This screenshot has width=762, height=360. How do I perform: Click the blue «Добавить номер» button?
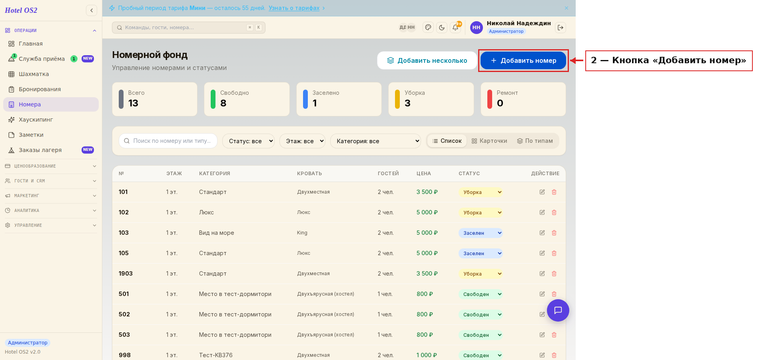[x=523, y=60]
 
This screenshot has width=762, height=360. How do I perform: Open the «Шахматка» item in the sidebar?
[x=34, y=74]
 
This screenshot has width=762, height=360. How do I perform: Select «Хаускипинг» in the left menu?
[x=36, y=120]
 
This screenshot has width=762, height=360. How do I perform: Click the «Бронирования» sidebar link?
[x=40, y=89]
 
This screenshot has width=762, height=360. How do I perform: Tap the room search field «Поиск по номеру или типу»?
[x=168, y=141]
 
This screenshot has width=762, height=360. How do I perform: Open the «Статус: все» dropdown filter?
[x=248, y=141]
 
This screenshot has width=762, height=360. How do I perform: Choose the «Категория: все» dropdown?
[x=375, y=141]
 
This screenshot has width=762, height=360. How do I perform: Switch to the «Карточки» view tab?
[x=489, y=141]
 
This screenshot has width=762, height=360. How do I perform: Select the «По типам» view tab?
[x=535, y=141]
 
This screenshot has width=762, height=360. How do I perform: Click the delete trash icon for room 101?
[x=554, y=192]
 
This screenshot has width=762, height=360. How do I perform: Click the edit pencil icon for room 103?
[x=542, y=233]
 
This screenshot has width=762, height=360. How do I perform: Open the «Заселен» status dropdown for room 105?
[x=481, y=253]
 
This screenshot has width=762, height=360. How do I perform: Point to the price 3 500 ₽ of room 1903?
[x=427, y=274]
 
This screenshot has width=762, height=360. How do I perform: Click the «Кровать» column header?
[x=309, y=174]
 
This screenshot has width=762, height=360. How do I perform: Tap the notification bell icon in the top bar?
[x=455, y=28]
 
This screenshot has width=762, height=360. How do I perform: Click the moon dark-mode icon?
[x=442, y=28]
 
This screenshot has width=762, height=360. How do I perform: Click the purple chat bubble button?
[x=558, y=310]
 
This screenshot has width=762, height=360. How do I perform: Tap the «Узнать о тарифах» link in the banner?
[x=294, y=8]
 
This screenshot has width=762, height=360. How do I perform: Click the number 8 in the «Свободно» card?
[x=223, y=103]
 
